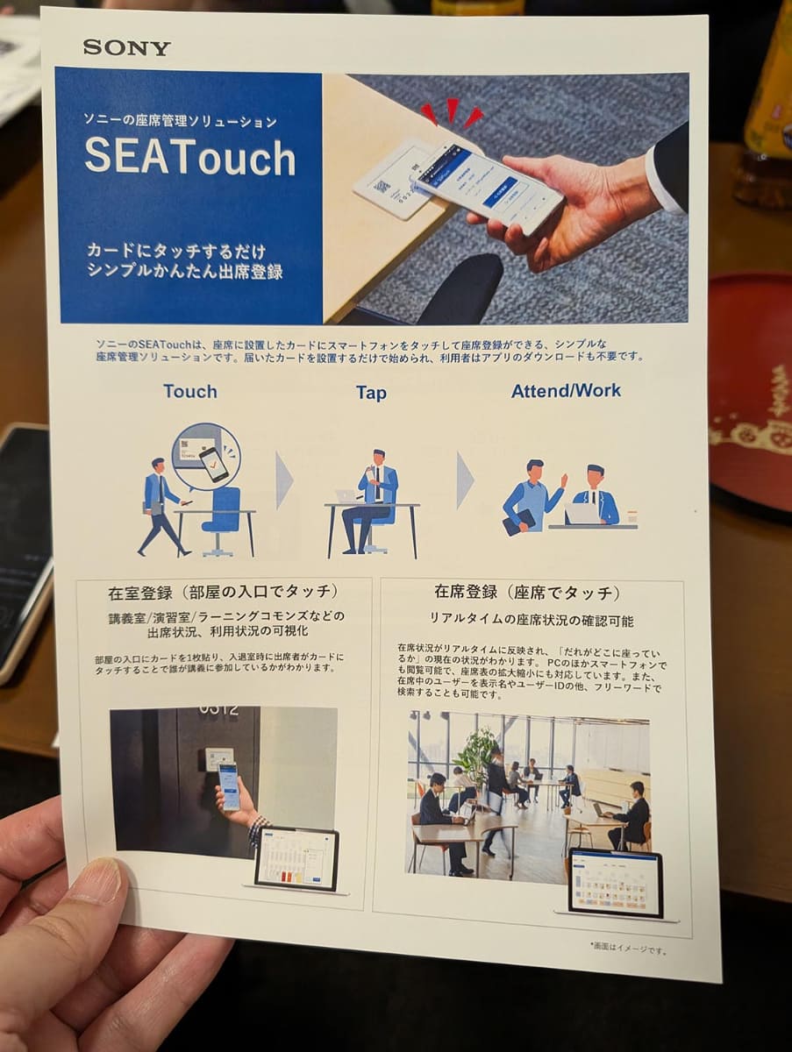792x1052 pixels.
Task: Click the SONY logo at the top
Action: tap(126, 47)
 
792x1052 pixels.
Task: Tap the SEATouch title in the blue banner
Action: tap(189, 158)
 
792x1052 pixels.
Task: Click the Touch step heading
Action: tap(189, 391)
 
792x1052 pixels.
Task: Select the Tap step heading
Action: tap(371, 393)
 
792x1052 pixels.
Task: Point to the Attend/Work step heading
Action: tap(566, 390)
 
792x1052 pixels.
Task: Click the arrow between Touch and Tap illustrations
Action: tap(283, 480)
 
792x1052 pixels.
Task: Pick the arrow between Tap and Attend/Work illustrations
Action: tap(465, 480)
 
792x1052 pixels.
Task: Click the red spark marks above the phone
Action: tap(451, 112)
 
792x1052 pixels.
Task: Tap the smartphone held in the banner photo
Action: tap(488, 184)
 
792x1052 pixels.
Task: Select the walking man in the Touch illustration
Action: tap(161, 507)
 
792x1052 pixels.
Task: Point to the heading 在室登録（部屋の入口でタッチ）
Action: tap(223, 591)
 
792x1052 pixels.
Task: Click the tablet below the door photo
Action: tap(296, 857)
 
